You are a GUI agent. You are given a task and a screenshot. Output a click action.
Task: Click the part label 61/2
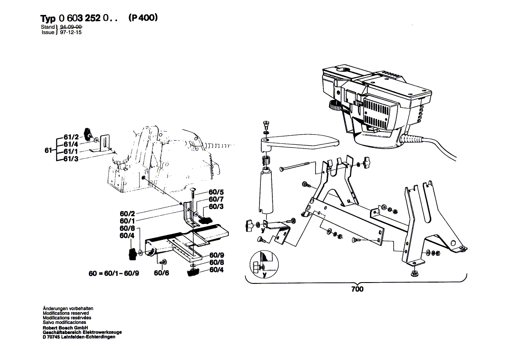click(71, 137)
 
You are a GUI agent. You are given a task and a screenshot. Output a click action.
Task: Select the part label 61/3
click(71, 159)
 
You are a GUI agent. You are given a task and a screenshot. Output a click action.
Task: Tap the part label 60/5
click(216, 192)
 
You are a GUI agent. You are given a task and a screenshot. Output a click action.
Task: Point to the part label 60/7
click(216, 199)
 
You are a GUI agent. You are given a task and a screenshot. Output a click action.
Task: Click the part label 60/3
click(216, 207)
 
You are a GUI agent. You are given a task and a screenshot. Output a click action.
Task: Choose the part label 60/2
click(127, 214)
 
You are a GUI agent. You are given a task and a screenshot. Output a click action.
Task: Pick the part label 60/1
click(127, 221)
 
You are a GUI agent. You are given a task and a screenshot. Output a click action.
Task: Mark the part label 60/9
click(216, 255)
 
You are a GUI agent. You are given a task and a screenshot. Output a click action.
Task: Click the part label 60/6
click(161, 273)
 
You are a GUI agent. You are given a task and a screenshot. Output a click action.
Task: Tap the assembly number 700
click(357, 289)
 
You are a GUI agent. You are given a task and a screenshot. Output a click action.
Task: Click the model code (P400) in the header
click(143, 18)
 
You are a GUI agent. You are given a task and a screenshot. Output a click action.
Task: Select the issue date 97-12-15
click(71, 33)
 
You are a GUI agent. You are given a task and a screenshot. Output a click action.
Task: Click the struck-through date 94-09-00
click(71, 27)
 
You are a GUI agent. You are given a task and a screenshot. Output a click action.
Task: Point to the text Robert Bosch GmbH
click(65, 328)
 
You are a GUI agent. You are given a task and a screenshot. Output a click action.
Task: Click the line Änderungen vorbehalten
click(68, 309)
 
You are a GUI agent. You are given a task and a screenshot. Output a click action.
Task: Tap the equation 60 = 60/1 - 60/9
click(114, 273)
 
